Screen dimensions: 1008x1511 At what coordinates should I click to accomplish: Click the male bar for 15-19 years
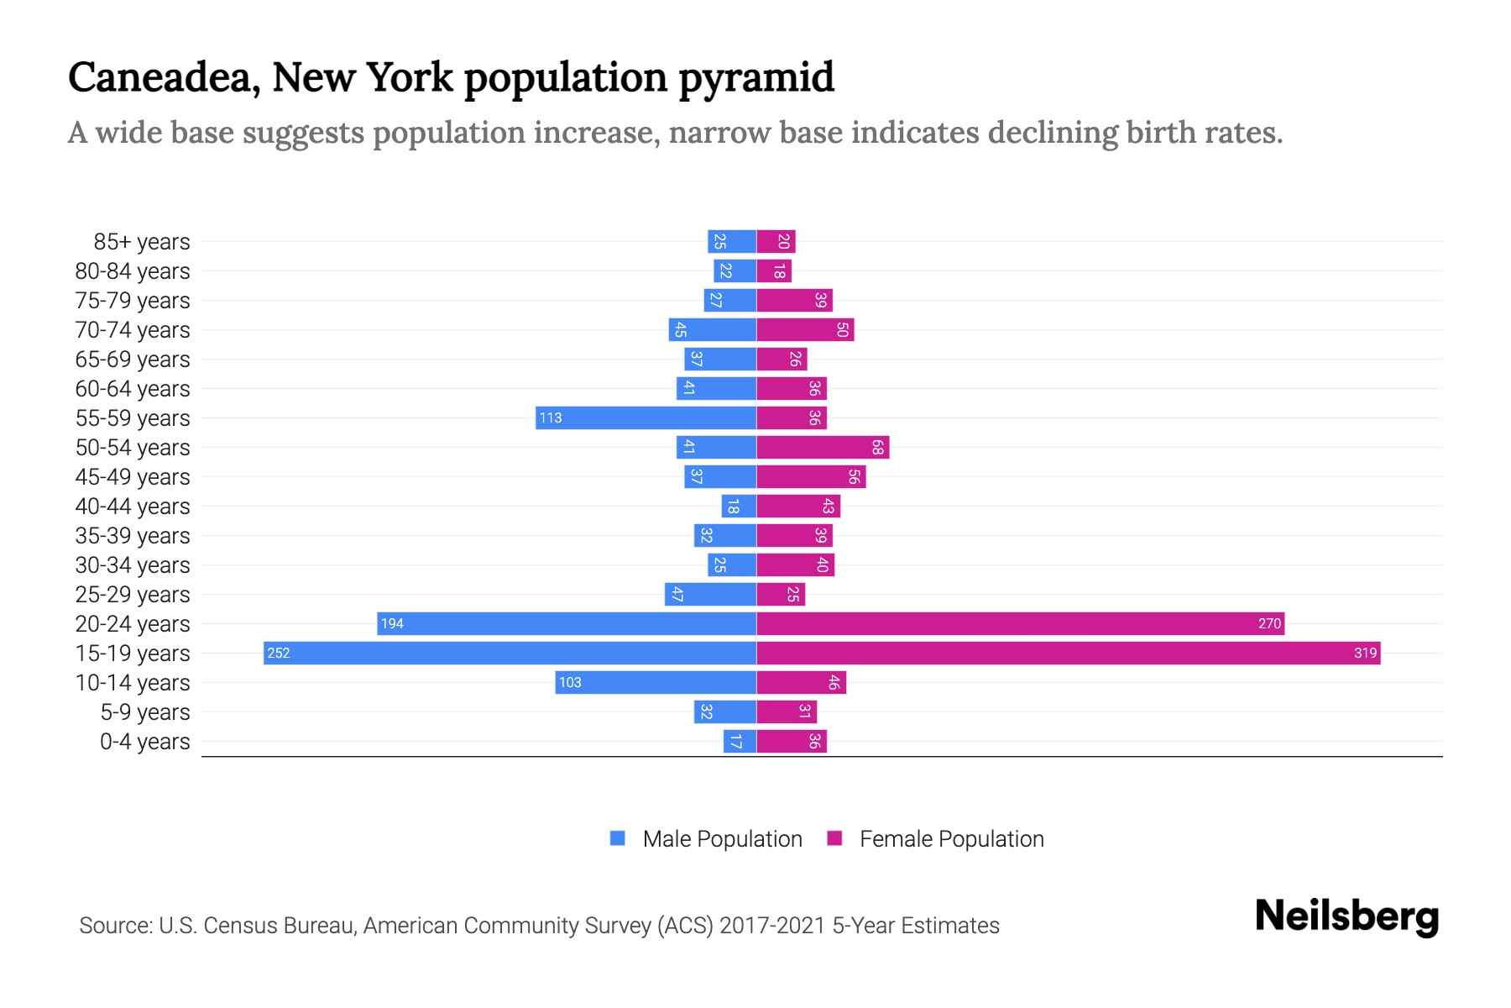click(x=510, y=654)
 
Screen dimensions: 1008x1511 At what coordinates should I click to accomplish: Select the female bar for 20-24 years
click(x=1020, y=624)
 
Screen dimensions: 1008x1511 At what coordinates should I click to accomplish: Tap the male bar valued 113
click(x=646, y=418)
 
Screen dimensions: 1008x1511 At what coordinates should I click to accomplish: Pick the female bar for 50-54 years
click(x=823, y=448)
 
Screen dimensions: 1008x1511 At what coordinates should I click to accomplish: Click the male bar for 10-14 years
click(x=656, y=683)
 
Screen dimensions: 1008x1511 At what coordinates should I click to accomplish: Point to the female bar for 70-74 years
click(x=805, y=330)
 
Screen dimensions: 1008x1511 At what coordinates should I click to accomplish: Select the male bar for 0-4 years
click(x=740, y=742)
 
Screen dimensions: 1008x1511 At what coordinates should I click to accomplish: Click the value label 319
click(x=1365, y=654)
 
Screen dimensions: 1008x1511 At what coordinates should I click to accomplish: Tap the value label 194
click(x=392, y=624)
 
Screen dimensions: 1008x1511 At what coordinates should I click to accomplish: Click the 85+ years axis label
click(x=142, y=242)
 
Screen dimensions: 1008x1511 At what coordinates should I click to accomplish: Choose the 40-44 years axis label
click(x=133, y=507)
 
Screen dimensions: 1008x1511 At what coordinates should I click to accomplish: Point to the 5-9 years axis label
click(x=145, y=712)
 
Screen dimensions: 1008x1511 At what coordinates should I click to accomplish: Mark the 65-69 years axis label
click(x=133, y=360)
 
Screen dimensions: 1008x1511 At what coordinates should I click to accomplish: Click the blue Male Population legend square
click(x=618, y=838)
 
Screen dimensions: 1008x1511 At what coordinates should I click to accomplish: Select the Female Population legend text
click(x=951, y=839)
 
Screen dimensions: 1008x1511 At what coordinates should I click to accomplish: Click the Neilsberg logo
click(x=1346, y=916)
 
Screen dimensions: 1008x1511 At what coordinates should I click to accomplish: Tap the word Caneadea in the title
click(x=159, y=77)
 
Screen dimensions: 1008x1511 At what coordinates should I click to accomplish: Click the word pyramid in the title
click(x=755, y=77)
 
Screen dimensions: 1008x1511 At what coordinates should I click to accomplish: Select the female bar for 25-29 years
click(x=781, y=595)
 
